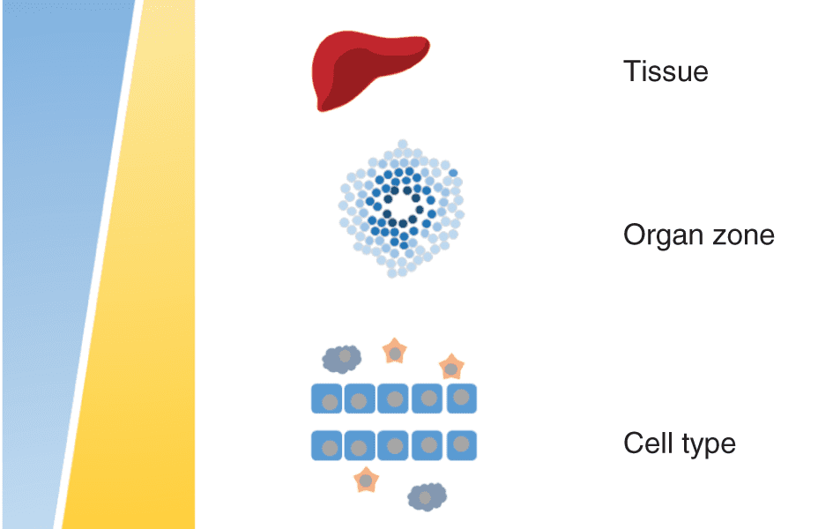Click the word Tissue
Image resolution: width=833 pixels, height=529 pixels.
[666, 71]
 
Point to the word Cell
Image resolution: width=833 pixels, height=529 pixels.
[648, 443]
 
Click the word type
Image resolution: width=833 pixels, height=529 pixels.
[708, 445]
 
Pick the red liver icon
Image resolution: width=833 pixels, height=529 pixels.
[370, 71]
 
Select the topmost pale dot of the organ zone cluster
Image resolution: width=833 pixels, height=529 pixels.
[403, 144]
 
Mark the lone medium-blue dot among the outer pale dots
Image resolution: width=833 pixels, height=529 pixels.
[453, 173]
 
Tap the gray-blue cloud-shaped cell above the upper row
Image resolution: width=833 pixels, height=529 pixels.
[342, 358]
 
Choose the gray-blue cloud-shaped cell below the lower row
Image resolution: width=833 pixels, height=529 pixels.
[428, 496]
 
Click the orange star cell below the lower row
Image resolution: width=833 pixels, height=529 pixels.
[366, 481]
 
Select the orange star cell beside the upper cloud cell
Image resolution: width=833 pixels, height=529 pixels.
[395, 351]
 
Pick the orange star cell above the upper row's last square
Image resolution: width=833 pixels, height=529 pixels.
[451, 367]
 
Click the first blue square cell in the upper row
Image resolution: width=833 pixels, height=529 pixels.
[327, 399]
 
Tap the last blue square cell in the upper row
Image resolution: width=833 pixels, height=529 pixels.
[462, 399]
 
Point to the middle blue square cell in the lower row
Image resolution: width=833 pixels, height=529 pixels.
[393, 445]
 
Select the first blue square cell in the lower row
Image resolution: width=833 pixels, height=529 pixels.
[327, 445]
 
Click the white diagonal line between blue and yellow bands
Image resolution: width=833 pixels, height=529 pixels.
[98, 264]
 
